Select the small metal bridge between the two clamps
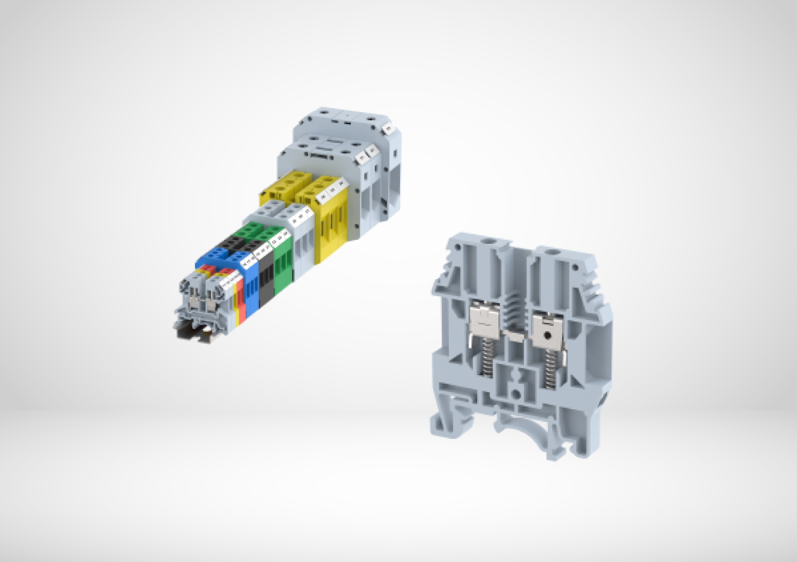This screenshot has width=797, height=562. (515, 335)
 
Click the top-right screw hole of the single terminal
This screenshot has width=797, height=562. (553, 254)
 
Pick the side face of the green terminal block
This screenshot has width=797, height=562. (282, 265)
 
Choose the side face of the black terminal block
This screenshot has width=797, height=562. (266, 279)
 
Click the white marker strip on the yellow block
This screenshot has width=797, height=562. (332, 189)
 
